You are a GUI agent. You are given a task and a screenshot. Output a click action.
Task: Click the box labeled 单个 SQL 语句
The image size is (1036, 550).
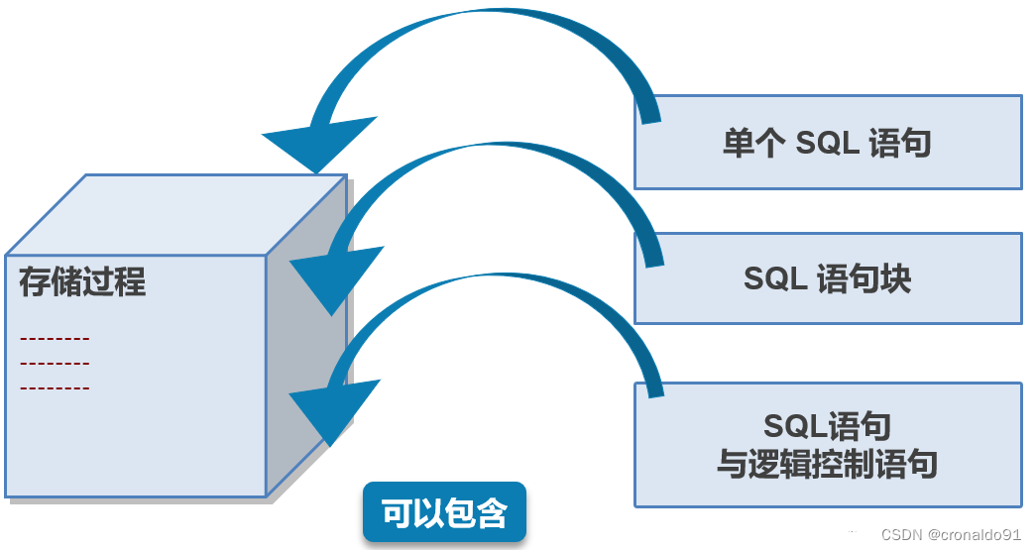(828, 142)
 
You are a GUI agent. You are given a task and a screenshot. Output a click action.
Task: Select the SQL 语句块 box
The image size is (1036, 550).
(828, 278)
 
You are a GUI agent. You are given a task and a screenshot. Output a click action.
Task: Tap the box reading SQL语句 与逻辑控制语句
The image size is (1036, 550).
(828, 445)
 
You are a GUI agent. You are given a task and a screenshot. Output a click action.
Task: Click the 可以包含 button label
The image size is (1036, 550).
(444, 512)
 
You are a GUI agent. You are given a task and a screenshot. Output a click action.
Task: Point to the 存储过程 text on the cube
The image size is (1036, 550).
(82, 282)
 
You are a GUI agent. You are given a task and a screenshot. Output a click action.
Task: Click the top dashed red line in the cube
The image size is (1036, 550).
(55, 339)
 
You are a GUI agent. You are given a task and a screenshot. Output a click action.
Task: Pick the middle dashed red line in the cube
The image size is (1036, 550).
(55, 364)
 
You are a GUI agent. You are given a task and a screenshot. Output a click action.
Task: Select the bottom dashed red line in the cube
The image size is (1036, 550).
(55, 387)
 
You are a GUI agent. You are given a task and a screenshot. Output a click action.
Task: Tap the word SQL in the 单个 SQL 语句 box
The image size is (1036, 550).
(831, 143)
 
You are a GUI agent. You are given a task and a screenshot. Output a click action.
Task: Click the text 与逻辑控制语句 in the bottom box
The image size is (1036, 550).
(828, 463)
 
